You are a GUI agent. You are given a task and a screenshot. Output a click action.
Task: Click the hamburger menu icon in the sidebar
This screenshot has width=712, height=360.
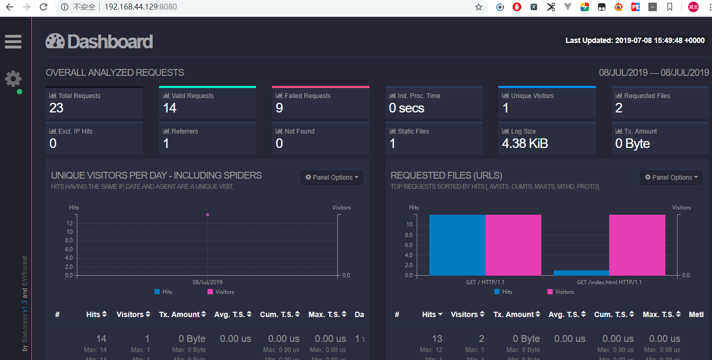click(13, 42)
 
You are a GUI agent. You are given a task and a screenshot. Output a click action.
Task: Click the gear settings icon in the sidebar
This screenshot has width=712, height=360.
click(13, 79)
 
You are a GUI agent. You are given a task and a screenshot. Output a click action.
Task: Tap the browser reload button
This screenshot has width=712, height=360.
click(43, 7)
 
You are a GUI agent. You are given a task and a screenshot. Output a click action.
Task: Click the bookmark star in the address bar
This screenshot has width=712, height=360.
click(478, 7)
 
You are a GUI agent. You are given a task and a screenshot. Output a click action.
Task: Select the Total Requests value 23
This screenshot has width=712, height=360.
click(56, 108)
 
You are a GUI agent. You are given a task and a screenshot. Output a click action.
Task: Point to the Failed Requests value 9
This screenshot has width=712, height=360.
click(279, 108)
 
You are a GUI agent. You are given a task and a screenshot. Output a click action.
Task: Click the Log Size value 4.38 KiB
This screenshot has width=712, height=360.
click(525, 144)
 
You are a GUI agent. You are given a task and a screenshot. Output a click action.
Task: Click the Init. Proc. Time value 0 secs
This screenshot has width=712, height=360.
click(407, 108)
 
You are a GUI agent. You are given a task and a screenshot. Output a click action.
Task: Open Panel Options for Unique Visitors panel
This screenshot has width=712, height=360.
click(332, 178)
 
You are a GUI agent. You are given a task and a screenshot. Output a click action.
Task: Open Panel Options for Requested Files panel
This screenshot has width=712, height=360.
click(671, 178)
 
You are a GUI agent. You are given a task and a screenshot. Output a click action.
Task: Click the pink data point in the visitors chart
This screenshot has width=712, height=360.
click(207, 215)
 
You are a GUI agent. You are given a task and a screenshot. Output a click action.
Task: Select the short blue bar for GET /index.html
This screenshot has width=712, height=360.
click(581, 273)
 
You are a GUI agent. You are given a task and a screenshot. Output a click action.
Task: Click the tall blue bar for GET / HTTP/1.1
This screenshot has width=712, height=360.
click(457, 245)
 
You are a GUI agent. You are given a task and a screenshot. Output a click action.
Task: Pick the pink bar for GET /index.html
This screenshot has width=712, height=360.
click(637, 245)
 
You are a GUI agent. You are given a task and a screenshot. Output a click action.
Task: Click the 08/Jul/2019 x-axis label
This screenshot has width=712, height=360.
click(207, 283)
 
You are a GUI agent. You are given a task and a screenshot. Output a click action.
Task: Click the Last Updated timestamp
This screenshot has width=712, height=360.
click(635, 40)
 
